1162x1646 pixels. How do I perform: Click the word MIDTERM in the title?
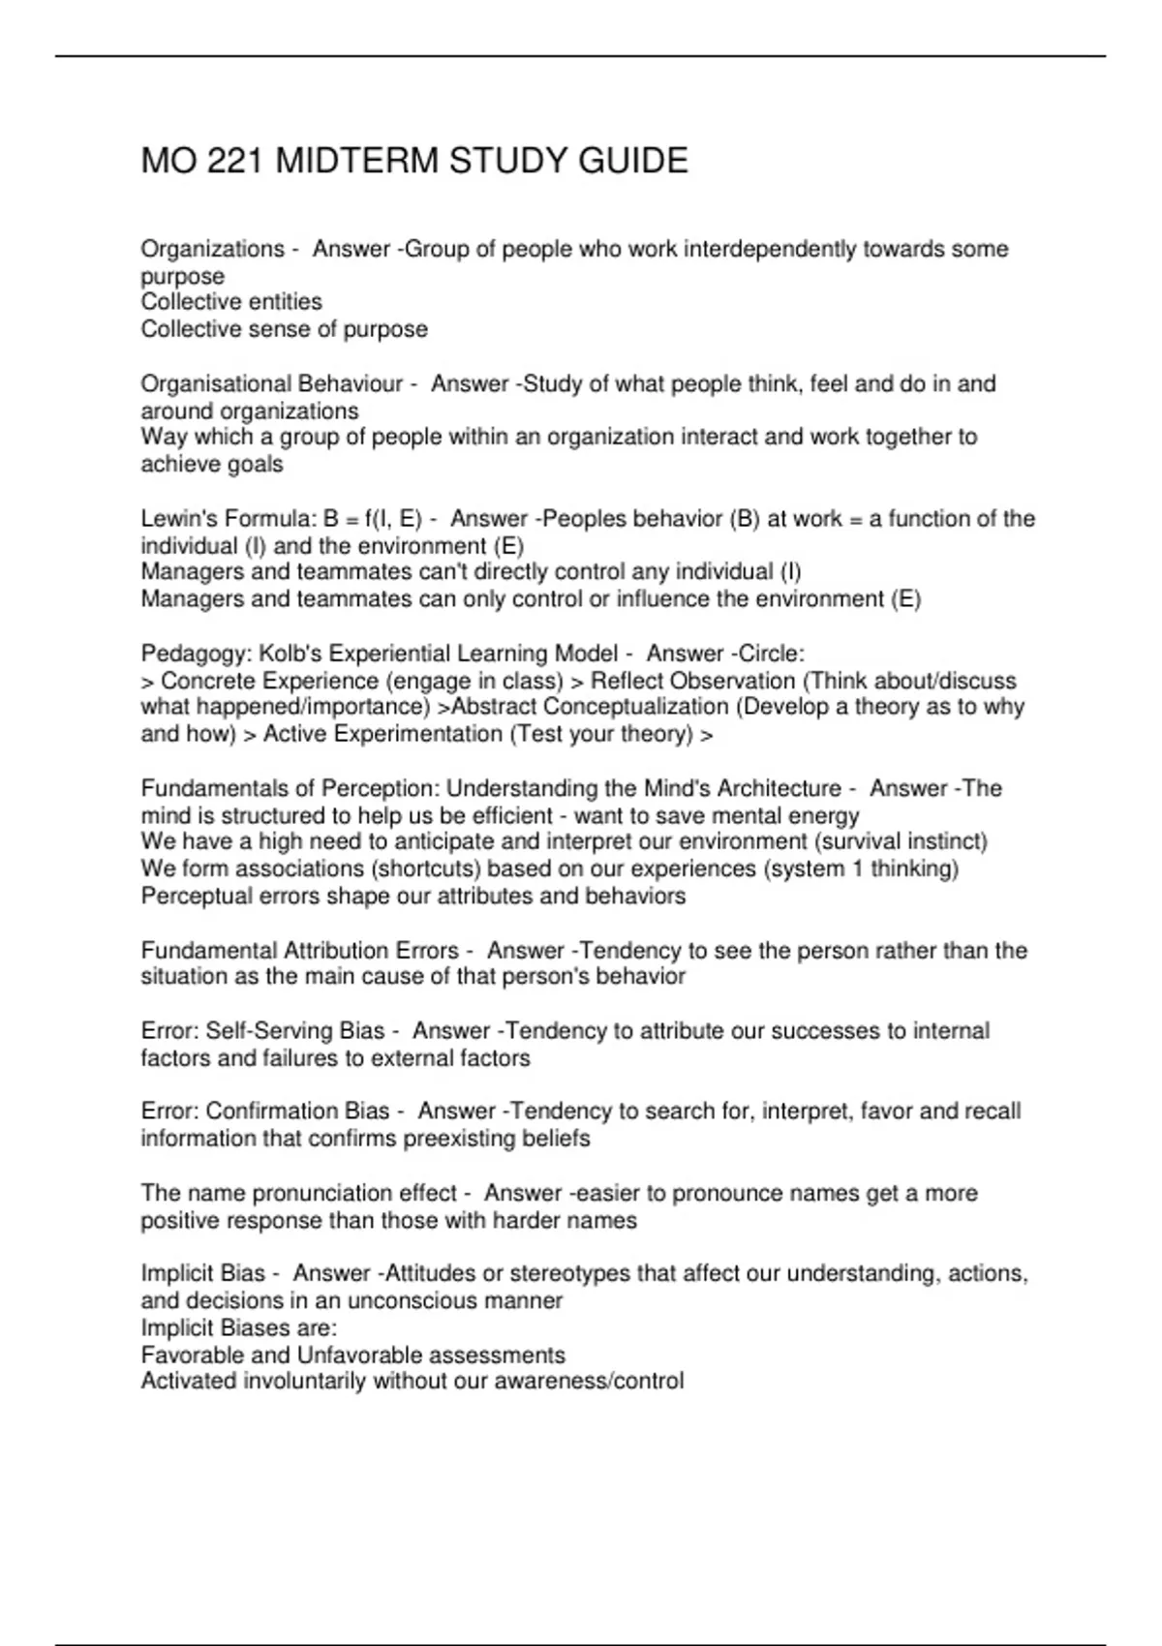point(357,161)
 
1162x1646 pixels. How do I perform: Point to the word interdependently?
point(770,250)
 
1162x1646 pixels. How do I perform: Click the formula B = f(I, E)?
point(373,519)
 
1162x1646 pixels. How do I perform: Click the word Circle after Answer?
point(772,654)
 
